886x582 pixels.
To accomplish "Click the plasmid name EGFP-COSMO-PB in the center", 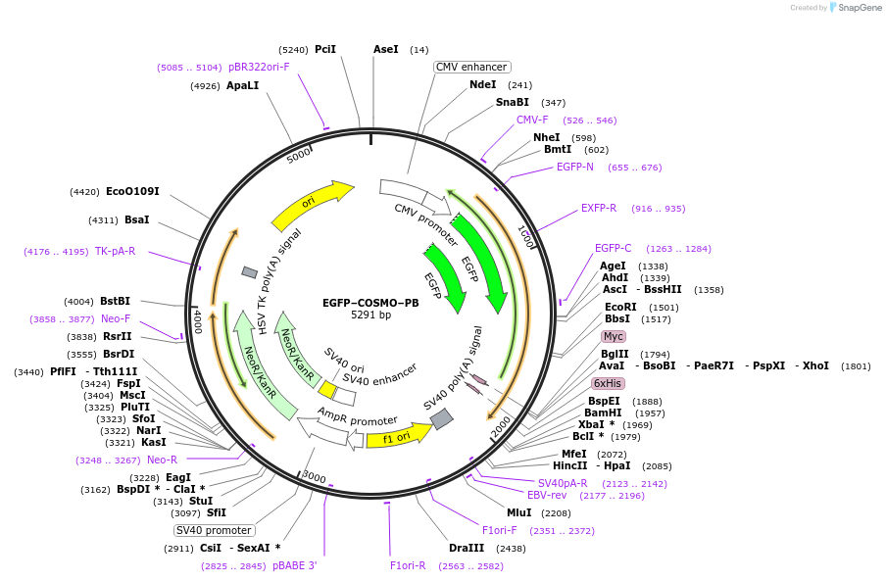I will (x=370, y=303).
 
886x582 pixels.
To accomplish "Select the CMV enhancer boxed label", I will (x=472, y=67).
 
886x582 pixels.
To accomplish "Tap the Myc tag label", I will (x=614, y=337).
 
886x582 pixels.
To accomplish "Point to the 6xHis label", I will (x=607, y=383).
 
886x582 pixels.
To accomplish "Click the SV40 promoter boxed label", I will (x=214, y=530).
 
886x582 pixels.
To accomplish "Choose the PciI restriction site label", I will (x=325, y=49).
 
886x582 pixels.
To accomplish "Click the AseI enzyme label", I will (x=386, y=49).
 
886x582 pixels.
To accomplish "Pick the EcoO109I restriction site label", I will (x=132, y=191).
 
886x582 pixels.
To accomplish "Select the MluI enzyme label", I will (x=518, y=512).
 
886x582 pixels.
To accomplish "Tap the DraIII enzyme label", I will (x=467, y=549).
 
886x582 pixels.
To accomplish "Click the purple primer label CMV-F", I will (x=532, y=121).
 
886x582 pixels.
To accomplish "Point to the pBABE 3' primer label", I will (x=294, y=566).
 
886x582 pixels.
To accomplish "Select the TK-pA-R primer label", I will (x=115, y=252).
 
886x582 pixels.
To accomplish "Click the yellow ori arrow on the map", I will (x=311, y=203).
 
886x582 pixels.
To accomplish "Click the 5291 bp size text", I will (x=370, y=315).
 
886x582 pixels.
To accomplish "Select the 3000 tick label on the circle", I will (x=314, y=477).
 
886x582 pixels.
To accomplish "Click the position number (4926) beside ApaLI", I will (x=205, y=86).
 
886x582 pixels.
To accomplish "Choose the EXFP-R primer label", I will (x=599, y=209).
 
